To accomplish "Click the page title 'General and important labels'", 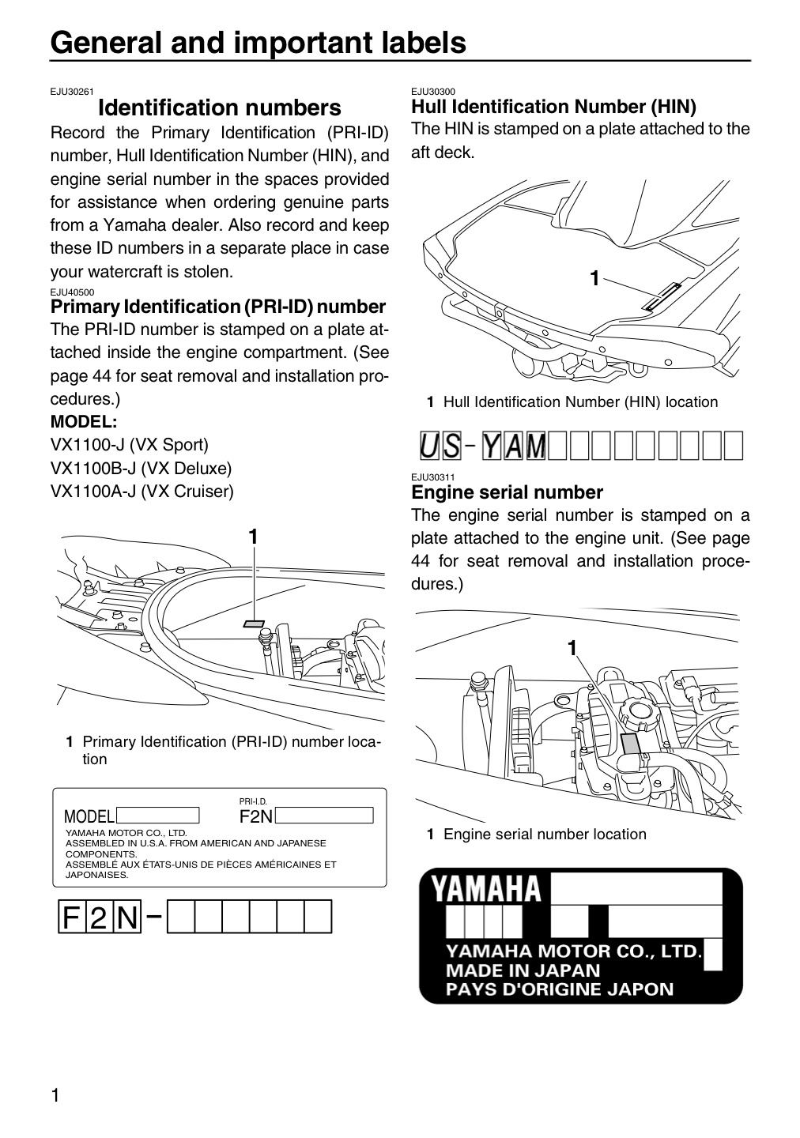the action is click(258, 43).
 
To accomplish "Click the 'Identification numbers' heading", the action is click(220, 107).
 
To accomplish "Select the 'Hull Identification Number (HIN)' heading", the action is click(553, 107).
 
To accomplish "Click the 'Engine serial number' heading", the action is click(507, 492).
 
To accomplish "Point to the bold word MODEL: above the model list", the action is click(84, 422).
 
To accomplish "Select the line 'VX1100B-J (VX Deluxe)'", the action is click(141, 468).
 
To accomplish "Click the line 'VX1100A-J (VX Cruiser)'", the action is click(142, 492).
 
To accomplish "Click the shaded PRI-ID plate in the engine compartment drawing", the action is click(254, 624).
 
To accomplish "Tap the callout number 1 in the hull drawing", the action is click(594, 278).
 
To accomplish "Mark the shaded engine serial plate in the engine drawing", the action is click(631, 743).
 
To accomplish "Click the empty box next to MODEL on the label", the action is click(157, 816).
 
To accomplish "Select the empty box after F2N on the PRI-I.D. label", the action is click(324, 816).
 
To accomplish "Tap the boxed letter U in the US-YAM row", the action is click(429, 446).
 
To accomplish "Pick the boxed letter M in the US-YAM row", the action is click(536, 446).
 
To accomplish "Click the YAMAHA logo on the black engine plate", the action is click(486, 889).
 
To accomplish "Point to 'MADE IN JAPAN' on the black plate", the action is click(523, 970).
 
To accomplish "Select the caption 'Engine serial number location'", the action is click(545, 835).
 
